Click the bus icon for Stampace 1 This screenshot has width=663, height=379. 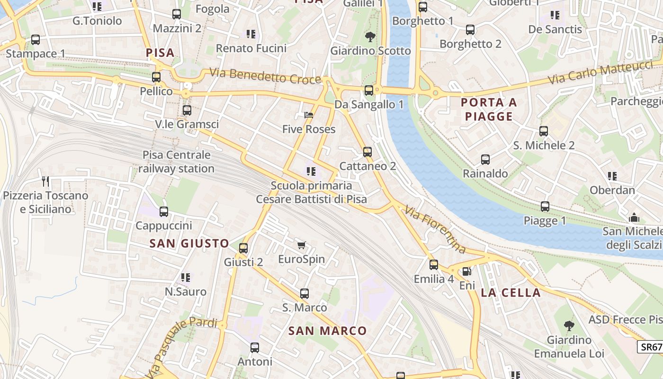pos(36,40)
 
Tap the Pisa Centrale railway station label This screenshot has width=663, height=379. pos(177,162)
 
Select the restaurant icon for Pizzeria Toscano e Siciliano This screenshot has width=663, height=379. pos(45,181)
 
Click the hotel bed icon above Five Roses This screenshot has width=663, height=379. pos(309,115)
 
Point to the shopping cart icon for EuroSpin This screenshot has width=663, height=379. pos(302,245)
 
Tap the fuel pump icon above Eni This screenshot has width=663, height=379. pos(466,271)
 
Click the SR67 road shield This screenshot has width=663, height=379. pos(651,347)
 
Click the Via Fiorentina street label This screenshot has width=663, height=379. pos(435,230)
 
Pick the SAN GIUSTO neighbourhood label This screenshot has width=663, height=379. pos(189,244)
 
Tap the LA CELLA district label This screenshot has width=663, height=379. pos(511,292)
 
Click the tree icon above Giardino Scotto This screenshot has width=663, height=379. pos(370,36)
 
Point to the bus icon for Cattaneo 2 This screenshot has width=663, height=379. pos(367,152)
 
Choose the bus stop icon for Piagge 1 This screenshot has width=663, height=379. pos(545,207)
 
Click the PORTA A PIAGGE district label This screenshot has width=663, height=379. pos(489,109)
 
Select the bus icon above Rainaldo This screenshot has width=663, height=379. pos(485,160)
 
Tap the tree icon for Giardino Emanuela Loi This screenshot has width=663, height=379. pos(569,326)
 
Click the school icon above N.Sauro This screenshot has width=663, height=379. pos(186,278)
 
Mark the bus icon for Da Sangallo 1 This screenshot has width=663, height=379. pos(369,90)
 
